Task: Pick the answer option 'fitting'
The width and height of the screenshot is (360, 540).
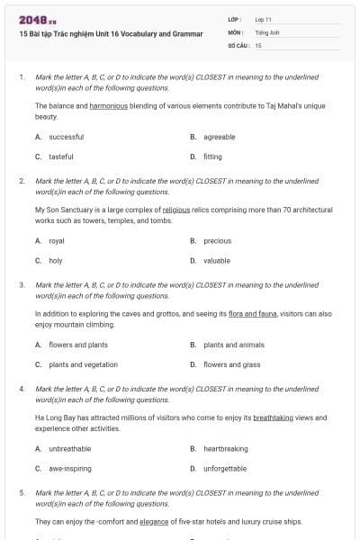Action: pos(212,156)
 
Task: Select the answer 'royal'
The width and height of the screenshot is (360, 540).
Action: pos(57,240)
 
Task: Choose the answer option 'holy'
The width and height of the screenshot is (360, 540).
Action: pos(56,260)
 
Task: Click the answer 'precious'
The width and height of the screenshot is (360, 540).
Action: pos(218,240)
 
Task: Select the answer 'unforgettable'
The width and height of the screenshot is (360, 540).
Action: pos(225,468)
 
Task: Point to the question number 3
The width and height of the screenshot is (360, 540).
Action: pos(22,285)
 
